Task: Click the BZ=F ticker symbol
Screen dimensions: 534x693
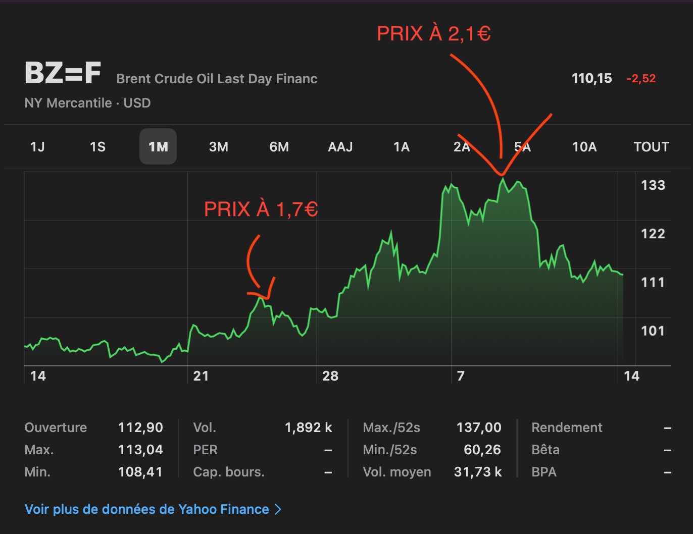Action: point(63,73)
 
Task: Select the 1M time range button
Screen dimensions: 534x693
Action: point(158,147)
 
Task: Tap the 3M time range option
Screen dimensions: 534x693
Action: point(219,147)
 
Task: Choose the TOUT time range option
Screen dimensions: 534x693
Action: point(651,147)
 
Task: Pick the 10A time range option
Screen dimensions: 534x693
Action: point(584,147)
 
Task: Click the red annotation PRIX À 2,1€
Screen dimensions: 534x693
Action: point(434,34)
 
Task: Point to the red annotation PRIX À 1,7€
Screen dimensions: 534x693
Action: point(261,209)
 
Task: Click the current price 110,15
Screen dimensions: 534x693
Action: point(591,78)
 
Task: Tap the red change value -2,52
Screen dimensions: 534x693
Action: point(641,79)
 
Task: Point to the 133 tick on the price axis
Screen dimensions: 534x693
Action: point(653,185)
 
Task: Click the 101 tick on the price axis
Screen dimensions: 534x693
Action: point(653,331)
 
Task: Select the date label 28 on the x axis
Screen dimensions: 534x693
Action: point(330,376)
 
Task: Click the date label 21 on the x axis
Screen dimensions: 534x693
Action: point(201,376)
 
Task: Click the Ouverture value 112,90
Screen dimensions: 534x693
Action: point(140,428)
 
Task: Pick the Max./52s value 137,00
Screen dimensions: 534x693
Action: point(479,428)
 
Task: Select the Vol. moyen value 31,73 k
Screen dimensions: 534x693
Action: point(478,472)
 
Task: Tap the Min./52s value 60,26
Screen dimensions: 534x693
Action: point(482,450)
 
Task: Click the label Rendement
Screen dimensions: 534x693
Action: point(567,428)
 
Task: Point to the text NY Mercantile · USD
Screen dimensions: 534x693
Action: point(88,103)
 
